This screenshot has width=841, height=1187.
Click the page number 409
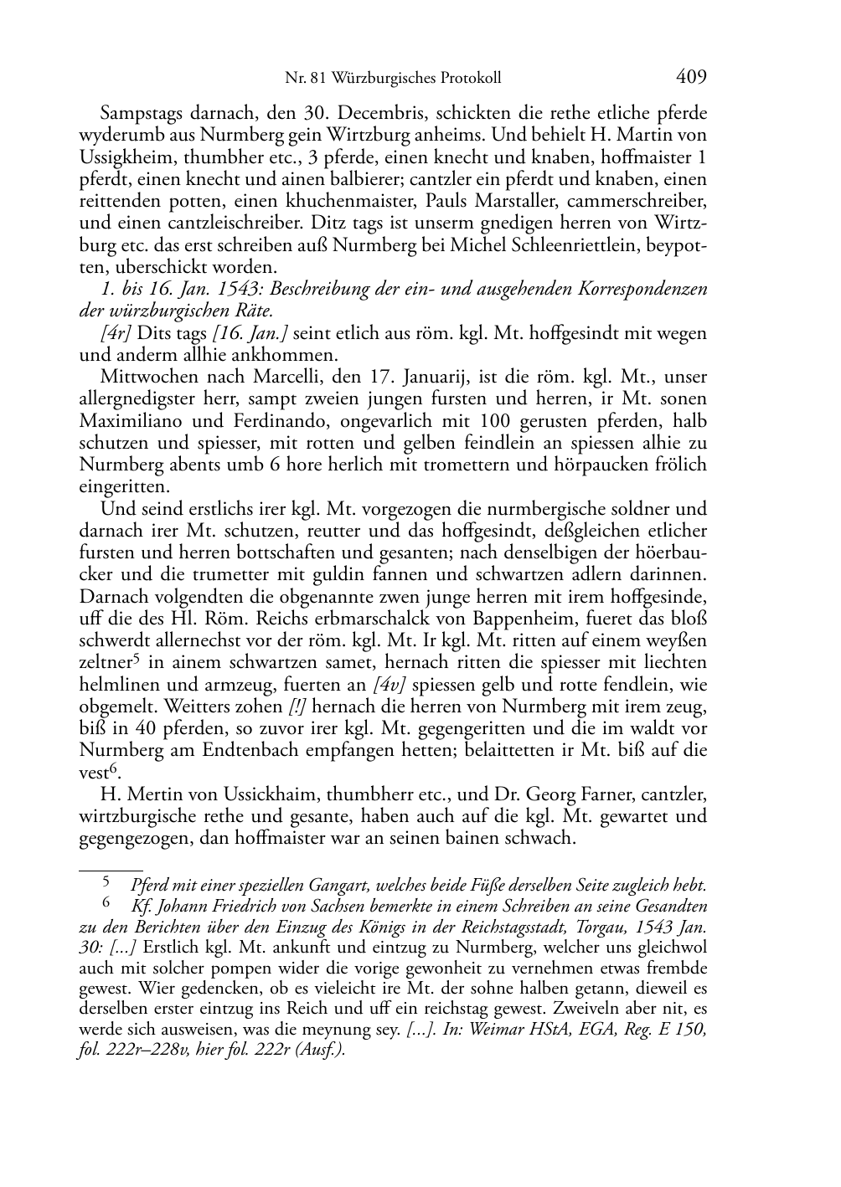(x=690, y=78)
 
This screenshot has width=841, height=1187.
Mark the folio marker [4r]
(x=116, y=333)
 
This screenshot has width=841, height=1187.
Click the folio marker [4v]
(x=390, y=685)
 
